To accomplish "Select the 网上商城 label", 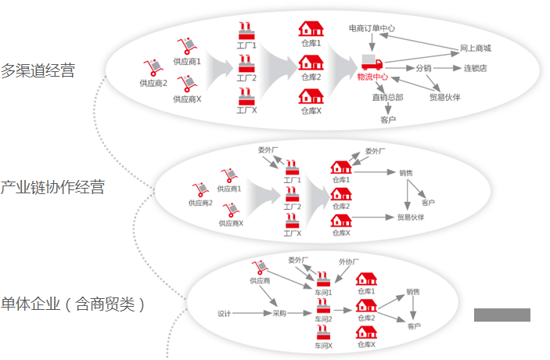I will tap(475, 48).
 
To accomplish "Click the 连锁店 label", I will tap(475, 68).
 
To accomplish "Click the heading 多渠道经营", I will tap(38, 70).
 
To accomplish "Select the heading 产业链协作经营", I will tap(52, 187).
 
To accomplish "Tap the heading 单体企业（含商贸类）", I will tap(73, 304).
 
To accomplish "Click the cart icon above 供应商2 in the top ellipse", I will tap(153, 68).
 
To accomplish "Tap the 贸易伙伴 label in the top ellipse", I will tap(444, 98).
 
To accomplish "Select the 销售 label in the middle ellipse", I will tap(406, 173).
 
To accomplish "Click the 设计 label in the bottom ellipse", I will tap(225, 314).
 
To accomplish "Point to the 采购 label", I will tap(279, 314).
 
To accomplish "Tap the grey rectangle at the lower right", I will tap(501, 315).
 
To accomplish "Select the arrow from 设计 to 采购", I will tap(251, 314).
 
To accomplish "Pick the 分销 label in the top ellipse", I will tap(422, 68).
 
